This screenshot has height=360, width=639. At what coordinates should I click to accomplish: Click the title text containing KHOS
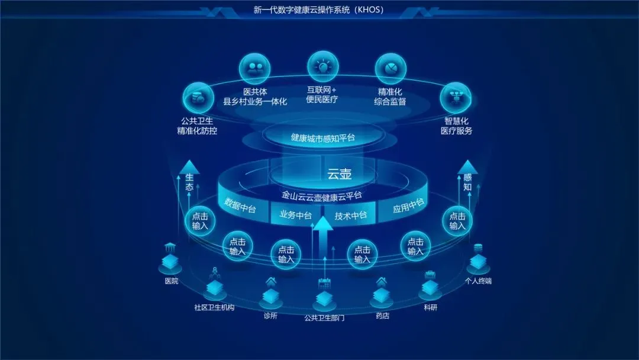319,10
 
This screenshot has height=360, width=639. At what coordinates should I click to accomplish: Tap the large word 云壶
340,174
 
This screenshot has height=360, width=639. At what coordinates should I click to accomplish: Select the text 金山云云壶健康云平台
322,195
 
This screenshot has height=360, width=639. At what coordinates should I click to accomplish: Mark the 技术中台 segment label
351,216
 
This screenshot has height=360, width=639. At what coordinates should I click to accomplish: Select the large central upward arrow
323,237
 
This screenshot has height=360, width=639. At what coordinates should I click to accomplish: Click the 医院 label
171,281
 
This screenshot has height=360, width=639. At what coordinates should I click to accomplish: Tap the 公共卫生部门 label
324,318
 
